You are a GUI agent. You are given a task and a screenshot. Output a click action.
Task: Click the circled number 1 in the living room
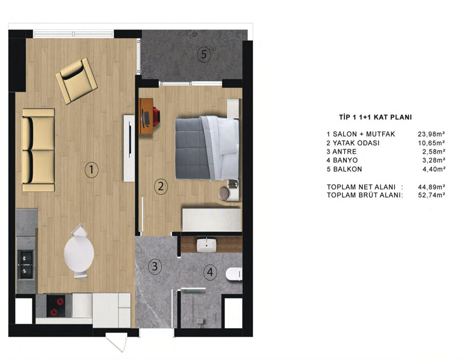coord(91,170)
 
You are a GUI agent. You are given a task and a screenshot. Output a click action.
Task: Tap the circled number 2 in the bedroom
coord(161,186)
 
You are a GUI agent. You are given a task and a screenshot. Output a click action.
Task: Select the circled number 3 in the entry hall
coord(155,266)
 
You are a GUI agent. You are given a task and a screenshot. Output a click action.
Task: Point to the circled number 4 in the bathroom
coord(210,272)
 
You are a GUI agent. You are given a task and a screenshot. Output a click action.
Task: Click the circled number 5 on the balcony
coord(204,55)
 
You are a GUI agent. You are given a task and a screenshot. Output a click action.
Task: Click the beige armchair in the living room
coord(77,81)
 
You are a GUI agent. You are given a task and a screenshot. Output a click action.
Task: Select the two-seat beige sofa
coord(39,150)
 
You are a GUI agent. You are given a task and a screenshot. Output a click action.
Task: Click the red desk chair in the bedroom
coord(156,117)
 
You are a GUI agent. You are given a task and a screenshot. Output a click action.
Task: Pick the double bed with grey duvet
coord(207,148)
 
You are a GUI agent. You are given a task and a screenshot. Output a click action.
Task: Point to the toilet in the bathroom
coord(234,274)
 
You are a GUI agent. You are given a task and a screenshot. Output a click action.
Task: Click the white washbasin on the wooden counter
coord(206,245)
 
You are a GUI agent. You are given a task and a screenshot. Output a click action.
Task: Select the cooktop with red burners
coord(56,306)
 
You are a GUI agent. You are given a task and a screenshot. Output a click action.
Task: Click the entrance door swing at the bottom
coord(117,343)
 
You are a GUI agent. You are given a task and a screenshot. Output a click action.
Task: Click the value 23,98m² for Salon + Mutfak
coord(432,134)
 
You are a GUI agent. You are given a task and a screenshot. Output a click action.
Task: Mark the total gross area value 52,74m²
coord(432,195)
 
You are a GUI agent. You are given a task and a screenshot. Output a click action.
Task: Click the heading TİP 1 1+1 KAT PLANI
coord(376,117)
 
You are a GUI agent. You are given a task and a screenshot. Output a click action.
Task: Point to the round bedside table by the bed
coord(225,194)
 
